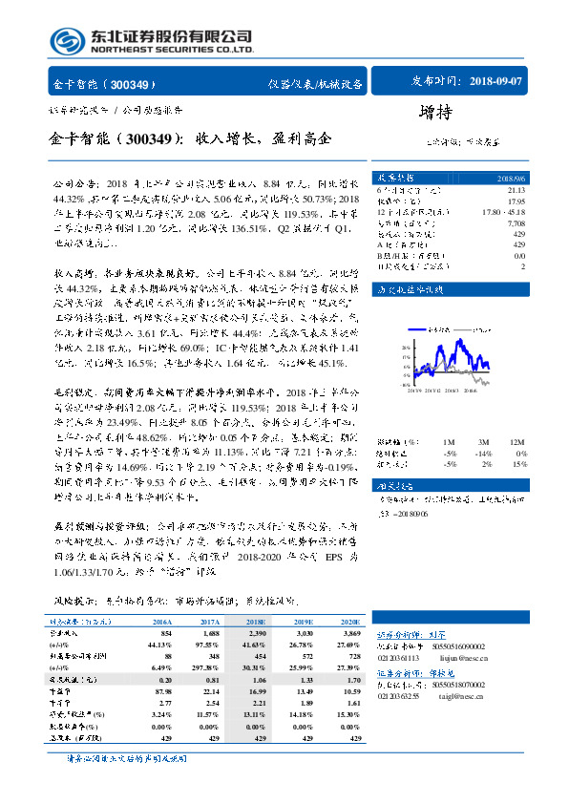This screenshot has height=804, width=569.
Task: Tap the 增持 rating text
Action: click(435, 113)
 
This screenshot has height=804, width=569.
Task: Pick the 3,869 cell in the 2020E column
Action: click(345, 633)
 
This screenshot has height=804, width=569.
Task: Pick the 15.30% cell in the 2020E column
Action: click(345, 714)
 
